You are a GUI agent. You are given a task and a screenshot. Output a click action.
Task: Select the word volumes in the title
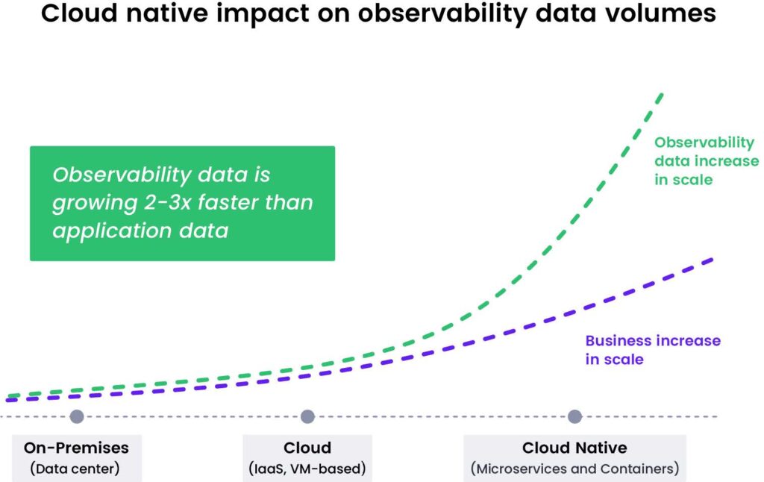(x=655, y=15)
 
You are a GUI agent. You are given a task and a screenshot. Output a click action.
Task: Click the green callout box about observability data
(x=182, y=203)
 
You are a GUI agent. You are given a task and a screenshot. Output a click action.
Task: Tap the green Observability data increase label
(x=704, y=161)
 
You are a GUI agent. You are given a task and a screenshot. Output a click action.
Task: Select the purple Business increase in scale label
(x=652, y=349)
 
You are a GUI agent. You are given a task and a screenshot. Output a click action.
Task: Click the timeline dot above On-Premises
(x=76, y=416)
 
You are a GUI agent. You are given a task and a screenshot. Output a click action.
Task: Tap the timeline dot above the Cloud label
(x=307, y=416)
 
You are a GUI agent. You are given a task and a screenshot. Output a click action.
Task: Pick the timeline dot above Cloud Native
(x=574, y=416)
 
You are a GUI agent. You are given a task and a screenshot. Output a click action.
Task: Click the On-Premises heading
(x=76, y=448)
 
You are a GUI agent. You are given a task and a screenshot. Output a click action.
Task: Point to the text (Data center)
(x=76, y=469)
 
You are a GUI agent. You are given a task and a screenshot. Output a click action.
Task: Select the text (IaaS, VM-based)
(x=307, y=469)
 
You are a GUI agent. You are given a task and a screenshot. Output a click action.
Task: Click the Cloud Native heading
(x=574, y=448)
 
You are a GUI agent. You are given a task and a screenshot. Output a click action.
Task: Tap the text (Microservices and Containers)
(x=574, y=469)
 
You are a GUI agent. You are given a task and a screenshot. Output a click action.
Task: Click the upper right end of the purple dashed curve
(x=713, y=259)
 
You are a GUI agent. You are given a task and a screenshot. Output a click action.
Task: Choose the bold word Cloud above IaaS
(x=307, y=448)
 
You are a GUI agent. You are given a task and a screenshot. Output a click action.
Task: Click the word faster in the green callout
(x=237, y=203)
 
